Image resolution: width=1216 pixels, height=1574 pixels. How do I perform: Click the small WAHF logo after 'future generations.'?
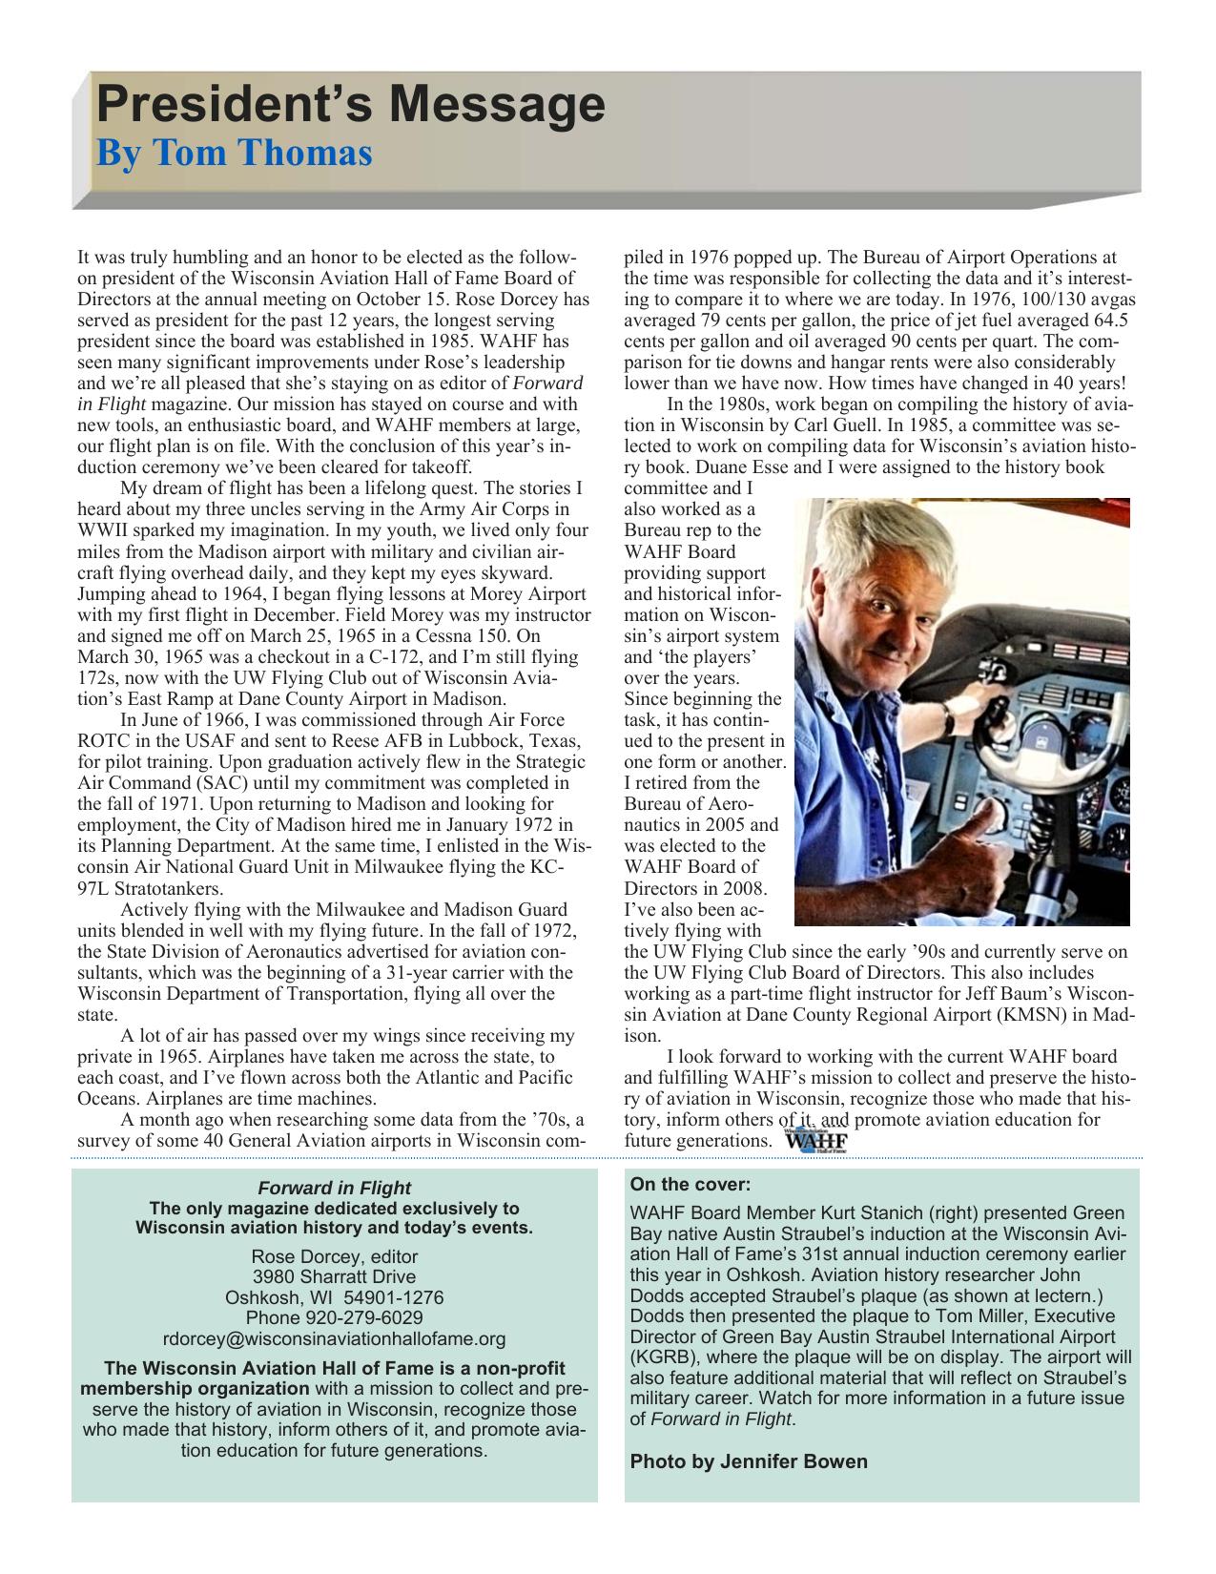click(x=815, y=1141)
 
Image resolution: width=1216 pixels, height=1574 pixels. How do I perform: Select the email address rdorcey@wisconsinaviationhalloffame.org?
click(x=334, y=1338)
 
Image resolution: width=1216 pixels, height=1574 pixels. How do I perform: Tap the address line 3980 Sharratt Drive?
click(x=334, y=1276)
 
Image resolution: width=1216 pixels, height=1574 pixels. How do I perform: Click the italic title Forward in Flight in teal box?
click(x=334, y=1188)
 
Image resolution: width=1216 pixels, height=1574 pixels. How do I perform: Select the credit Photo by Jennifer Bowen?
click(x=749, y=1461)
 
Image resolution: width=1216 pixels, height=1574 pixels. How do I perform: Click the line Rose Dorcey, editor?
click(x=334, y=1256)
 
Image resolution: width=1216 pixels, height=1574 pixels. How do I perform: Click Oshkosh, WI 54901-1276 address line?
click(x=334, y=1297)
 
